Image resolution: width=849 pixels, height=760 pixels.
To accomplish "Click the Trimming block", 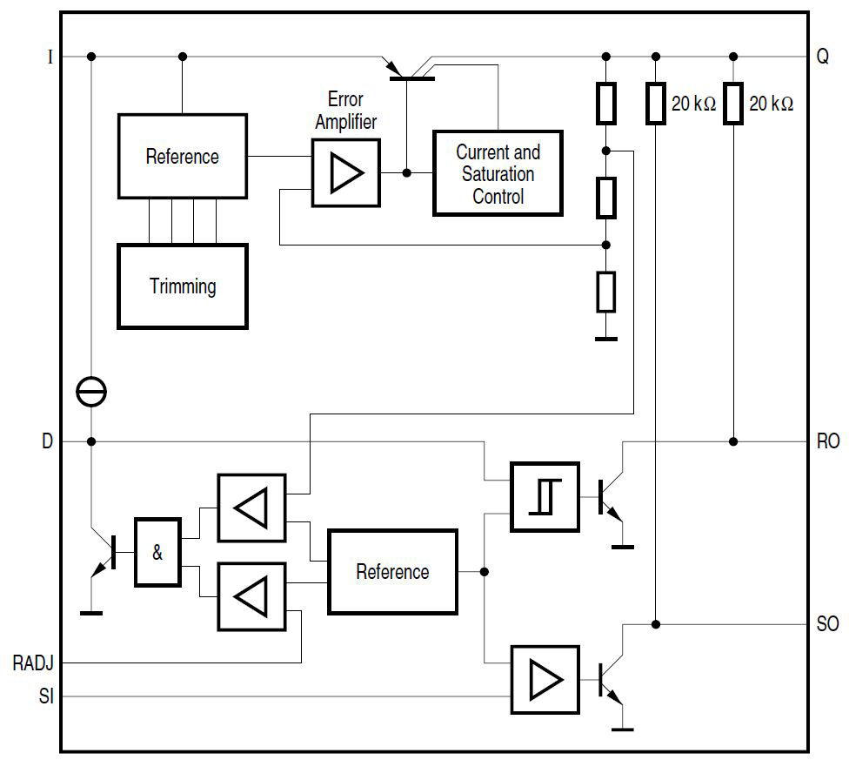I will tap(183, 286).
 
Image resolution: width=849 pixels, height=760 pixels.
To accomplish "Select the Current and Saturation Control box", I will tap(498, 173).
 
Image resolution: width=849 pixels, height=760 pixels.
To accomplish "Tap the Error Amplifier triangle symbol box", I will tap(345, 173).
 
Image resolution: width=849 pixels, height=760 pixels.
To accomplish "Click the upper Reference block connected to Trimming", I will tap(182, 157).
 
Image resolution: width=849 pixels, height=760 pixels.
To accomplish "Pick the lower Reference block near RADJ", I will tap(392, 571).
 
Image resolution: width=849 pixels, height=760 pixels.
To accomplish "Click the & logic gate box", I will tap(157, 552).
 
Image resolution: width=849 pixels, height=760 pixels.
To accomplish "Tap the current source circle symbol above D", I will tap(91, 393).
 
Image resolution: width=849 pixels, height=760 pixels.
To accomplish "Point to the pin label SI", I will tap(45, 696).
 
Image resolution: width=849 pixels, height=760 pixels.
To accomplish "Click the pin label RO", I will tap(828, 442).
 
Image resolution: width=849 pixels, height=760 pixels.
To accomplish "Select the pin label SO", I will tap(828, 624).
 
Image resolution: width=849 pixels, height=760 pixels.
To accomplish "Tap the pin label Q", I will tap(823, 57).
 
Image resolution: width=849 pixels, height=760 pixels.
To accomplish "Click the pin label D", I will tap(48, 442).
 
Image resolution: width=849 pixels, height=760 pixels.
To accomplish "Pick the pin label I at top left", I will tap(50, 57).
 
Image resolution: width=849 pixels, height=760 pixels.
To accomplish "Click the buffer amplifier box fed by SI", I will tap(545, 680).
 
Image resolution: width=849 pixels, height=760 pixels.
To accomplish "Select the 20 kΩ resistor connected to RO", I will tap(734, 104).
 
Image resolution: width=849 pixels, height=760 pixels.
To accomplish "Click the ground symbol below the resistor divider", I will tap(606, 339).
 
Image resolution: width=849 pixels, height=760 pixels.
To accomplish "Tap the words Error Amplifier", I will tap(345, 111).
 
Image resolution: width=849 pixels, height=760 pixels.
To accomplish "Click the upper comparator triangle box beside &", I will tap(251, 508).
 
